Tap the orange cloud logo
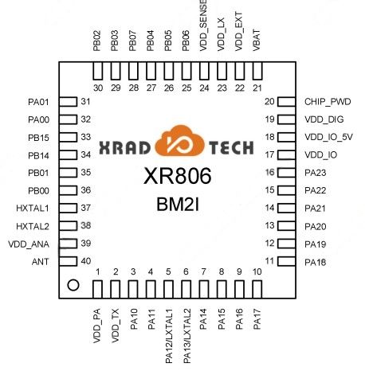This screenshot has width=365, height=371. click(180, 141)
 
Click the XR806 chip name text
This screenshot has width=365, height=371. click(178, 176)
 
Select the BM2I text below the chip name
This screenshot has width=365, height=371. click(178, 205)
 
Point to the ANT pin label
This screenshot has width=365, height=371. click(41, 262)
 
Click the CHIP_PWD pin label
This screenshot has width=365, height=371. click(328, 102)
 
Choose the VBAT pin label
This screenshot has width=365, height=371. click(257, 40)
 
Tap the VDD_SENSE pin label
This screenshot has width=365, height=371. click(203, 25)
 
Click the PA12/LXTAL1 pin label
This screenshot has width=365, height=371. click(169, 336)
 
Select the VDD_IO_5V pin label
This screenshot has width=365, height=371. click(328, 137)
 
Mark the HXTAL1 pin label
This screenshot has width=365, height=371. click(33, 208)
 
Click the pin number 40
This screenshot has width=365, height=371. click(86, 261)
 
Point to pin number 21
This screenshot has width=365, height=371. click(257, 88)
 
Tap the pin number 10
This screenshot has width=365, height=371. click(257, 271)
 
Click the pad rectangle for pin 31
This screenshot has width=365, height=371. click(69, 102)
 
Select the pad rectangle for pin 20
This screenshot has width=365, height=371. click(287, 102)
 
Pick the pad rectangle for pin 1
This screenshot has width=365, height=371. click(97, 290)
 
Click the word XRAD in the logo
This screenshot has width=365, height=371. click(124, 148)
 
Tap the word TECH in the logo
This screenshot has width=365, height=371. click(231, 148)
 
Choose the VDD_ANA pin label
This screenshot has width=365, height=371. click(29, 244)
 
